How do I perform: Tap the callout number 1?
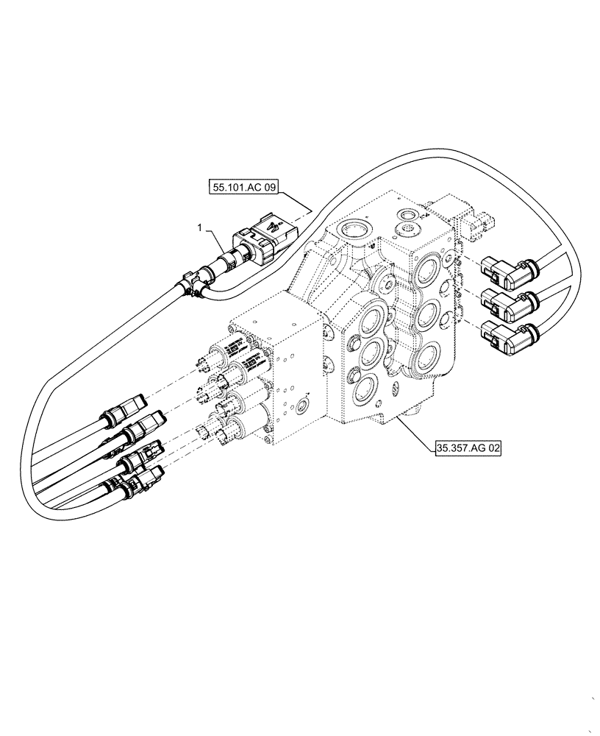pyautogui.click(x=199, y=229)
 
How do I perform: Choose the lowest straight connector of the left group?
pyautogui.click(x=140, y=484)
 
